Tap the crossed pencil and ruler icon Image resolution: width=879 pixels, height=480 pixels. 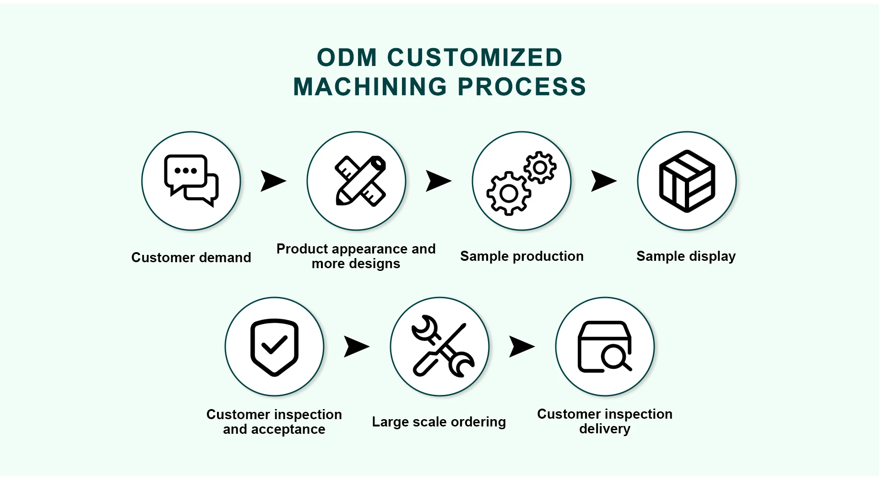361,181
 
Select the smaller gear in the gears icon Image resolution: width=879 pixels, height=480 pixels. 540,167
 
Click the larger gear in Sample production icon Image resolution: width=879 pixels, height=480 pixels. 509,194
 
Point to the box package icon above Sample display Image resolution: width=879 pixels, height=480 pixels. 687,181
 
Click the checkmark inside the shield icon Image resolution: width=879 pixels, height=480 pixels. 274,345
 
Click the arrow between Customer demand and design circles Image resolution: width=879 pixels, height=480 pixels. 273,181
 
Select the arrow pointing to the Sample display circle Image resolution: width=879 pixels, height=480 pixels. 603,181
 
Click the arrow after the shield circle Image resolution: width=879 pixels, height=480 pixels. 356,346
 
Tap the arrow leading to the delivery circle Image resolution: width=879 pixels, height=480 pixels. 521,346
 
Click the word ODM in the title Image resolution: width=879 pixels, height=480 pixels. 347,58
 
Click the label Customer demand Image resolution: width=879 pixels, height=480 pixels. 191,258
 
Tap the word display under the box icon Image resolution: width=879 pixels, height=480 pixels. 712,256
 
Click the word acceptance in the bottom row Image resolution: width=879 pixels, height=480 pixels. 288,430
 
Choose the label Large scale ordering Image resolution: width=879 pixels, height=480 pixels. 439,422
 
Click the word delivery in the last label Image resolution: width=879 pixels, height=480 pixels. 605,429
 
